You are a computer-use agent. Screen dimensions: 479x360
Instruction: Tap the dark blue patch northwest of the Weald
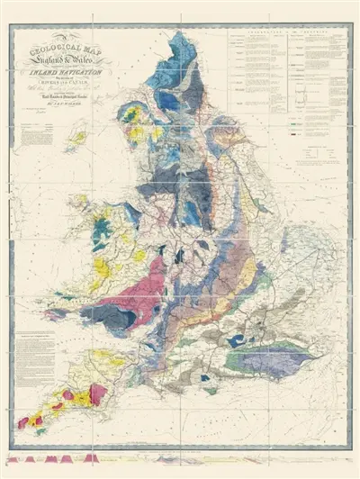click(x=239, y=339)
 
